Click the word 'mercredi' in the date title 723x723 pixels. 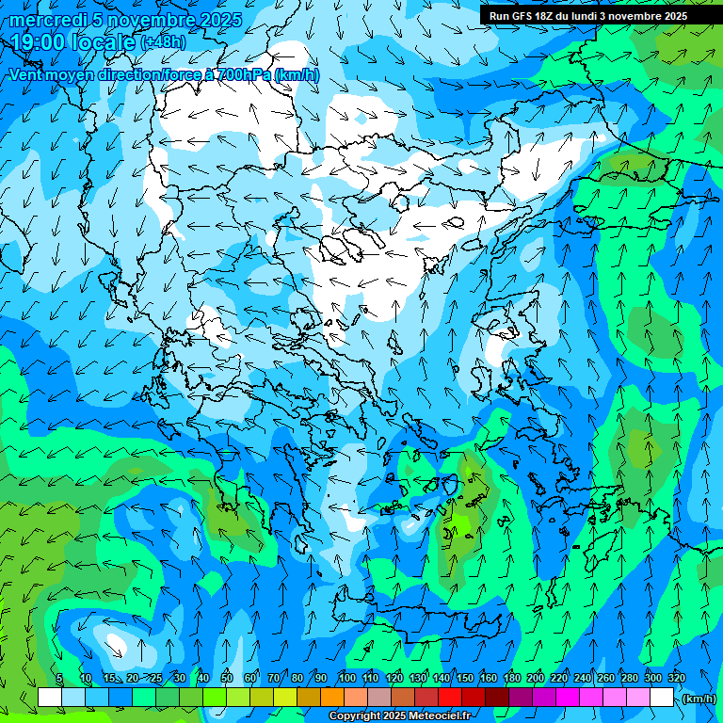[47, 21]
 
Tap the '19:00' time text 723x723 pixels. [37, 42]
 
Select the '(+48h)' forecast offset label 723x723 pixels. [163, 42]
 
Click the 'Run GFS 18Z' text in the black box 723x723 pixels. [521, 16]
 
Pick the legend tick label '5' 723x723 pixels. [59, 678]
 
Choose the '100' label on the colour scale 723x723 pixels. [347, 678]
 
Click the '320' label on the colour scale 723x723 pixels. [677, 678]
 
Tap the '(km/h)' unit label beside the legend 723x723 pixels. [699, 699]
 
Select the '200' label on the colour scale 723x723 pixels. [536, 678]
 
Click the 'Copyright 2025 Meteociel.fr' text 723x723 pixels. [399, 716]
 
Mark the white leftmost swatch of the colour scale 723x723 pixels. [50, 697]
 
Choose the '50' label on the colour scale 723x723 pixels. [227, 678]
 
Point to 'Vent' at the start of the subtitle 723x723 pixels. [25, 75]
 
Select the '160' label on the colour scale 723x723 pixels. [489, 678]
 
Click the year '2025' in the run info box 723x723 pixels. [670, 16]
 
